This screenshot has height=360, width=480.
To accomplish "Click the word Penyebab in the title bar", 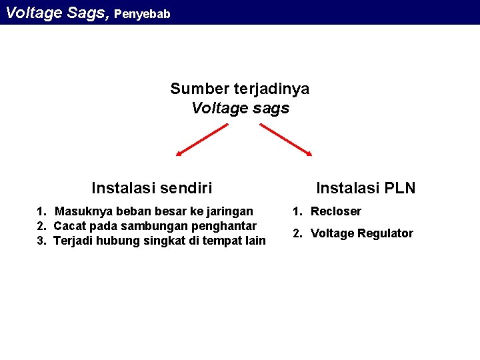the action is click(x=142, y=13).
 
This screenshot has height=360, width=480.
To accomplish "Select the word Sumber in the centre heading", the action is click(x=199, y=89).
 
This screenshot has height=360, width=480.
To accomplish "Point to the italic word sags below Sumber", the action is click(x=271, y=108).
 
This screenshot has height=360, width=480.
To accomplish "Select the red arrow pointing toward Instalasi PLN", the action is click(x=285, y=140).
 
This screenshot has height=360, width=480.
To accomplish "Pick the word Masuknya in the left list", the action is click(x=84, y=211).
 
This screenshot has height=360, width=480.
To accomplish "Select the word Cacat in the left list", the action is click(x=69, y=226).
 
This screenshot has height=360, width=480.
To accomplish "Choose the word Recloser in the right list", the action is click(x=336, y=211).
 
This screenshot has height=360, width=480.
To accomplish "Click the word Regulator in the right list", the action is click(x=385, y=233).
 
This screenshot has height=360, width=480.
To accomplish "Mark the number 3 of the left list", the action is click(x=40, y=241).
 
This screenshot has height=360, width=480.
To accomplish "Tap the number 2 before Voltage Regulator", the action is click(x=297, y=233).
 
